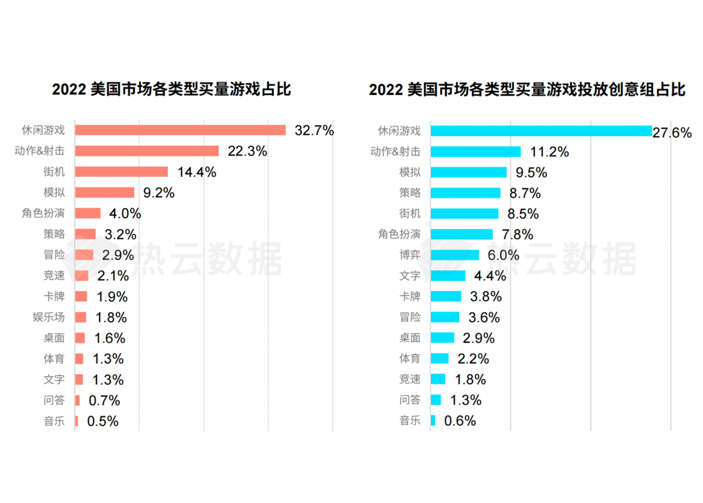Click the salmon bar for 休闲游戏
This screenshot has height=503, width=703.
[x=180, y=130]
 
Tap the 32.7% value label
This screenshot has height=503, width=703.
[x=314, y=130]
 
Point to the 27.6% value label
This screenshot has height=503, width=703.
[x=672, y=133]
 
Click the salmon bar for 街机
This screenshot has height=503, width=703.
[x=121, y=172]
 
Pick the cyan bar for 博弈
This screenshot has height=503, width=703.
[x=454, y=256]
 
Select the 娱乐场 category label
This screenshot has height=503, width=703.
[x=49, y=318]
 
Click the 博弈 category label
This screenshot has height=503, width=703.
[x=409, y=256]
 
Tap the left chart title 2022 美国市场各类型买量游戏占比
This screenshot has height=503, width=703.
[x=172, y=90]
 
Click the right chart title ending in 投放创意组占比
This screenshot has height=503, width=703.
[x=527, y=90]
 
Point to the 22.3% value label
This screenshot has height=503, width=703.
[x=247, y=151]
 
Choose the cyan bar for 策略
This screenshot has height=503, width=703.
[x=465, y=193]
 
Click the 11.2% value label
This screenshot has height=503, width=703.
[x=549, y=152]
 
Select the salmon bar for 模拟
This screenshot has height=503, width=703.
[x=104, y=193]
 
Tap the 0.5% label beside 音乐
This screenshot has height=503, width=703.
[x=103, y=421]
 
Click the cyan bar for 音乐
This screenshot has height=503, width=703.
[x=433, y=421]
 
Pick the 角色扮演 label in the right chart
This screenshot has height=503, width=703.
[x=399, y=234]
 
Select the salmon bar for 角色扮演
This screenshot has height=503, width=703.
[x=88, y=213]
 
